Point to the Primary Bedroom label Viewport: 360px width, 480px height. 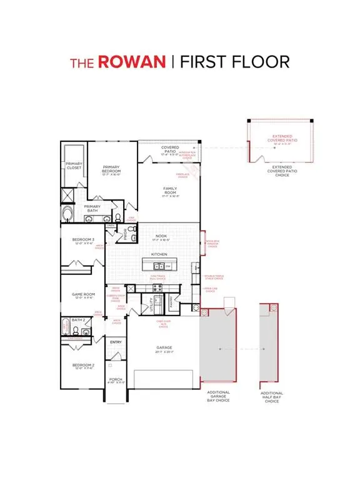tap(111, 168)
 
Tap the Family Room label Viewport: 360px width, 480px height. tap(170, 191)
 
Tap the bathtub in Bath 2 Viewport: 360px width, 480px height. tap(66, 326)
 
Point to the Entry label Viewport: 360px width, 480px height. tap(116, 342)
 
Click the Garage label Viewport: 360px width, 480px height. tap(164, 347)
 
